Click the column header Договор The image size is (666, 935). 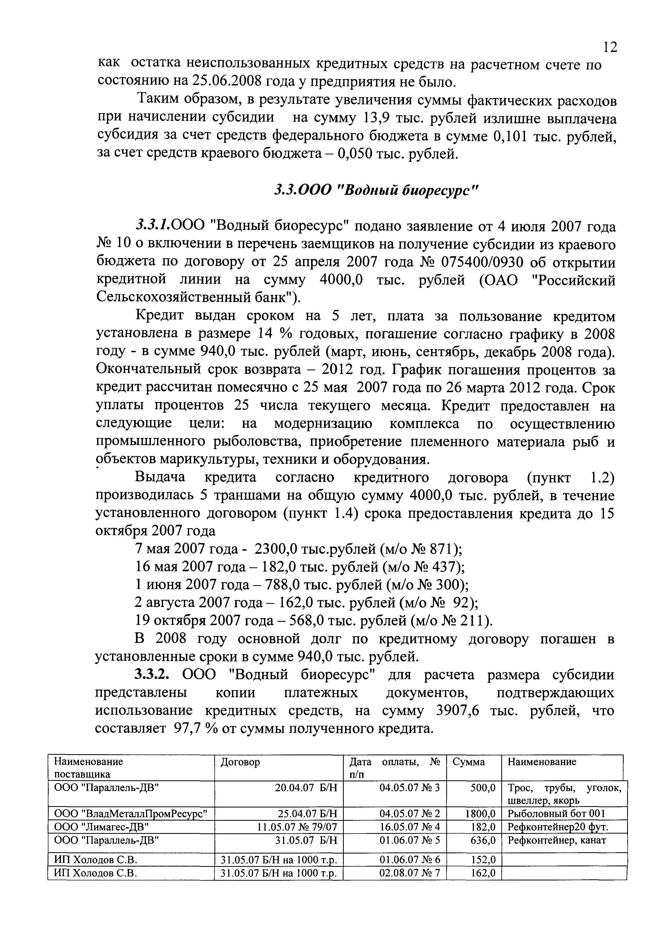pyautogui.click(x=240, y=762)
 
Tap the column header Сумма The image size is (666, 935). pyautogui.click(x=469, y=762)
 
